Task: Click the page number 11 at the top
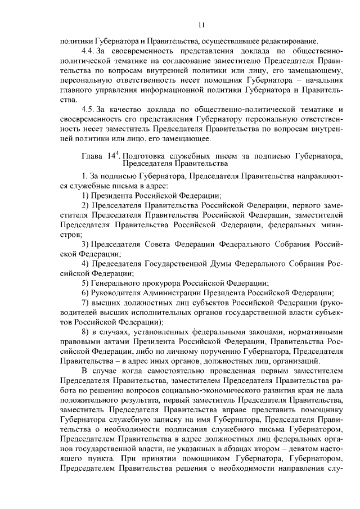201,25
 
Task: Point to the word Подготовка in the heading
143,156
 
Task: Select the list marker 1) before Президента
85,195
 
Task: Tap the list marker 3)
85,243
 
